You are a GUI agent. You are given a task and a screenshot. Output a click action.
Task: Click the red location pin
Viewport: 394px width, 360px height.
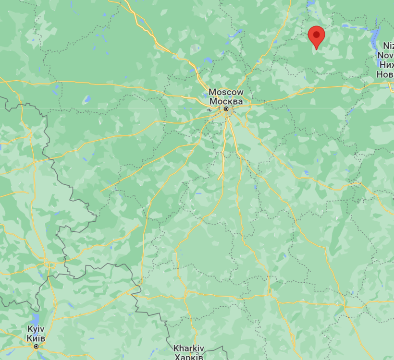click(316, 36)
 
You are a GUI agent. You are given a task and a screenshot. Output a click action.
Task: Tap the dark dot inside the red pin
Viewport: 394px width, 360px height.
click(316, 34)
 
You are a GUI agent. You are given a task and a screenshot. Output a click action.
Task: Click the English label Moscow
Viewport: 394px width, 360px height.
click(226, 92)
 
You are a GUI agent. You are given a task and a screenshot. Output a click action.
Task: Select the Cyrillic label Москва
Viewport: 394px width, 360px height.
click(226, 101)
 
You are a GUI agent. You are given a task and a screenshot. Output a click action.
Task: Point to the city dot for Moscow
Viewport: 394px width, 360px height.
click(226, 109)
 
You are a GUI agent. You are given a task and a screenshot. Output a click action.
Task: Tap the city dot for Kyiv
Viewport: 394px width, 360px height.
click(36, 346)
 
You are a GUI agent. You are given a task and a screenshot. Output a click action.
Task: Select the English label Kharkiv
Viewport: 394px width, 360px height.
click(189, 348)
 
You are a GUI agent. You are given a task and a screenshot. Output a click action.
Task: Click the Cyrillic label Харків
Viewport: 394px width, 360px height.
click(189, 357)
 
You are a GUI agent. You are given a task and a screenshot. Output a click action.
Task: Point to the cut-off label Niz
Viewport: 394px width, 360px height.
click(388, 46)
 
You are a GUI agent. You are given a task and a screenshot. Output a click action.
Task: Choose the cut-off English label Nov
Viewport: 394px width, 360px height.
click(386, 55)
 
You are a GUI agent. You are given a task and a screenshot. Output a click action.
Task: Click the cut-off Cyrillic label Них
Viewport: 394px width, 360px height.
click(386, 64)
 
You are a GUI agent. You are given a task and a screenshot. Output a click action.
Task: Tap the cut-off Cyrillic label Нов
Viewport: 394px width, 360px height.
click(385, 74)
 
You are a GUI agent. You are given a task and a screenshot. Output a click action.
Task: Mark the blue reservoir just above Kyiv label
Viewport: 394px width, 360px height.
click(35, 319)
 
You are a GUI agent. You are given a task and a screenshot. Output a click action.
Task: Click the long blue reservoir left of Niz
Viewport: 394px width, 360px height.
click(375, 36)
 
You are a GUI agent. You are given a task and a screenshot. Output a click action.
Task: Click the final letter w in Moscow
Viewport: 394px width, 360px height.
click(240, 92)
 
